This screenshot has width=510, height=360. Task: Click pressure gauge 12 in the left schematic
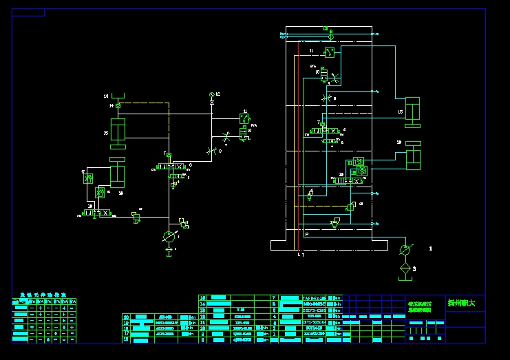212,94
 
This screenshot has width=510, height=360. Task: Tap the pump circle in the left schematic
169,237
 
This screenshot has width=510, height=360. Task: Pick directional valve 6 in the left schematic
169,167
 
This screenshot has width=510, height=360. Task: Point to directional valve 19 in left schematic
96,213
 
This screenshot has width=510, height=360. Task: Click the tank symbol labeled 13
118,95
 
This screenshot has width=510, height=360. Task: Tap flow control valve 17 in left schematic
88,178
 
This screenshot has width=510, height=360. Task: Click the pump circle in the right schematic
405,248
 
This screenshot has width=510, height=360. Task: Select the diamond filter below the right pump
405,267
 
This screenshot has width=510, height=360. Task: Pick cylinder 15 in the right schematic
413,112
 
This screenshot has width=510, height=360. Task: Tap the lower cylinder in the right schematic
413,156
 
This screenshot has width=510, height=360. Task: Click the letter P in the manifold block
307,235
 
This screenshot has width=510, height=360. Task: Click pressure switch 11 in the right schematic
330,52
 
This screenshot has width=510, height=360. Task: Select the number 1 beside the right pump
431,247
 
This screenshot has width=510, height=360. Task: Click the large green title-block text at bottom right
461,303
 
